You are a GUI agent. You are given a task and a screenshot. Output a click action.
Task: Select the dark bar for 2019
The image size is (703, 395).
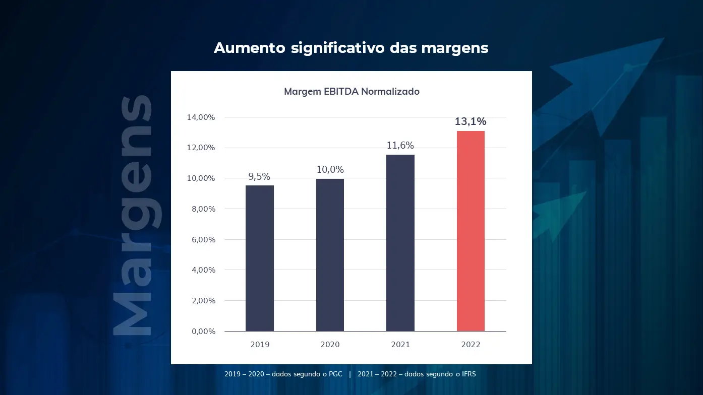pyautogui.click(x=260, y=258)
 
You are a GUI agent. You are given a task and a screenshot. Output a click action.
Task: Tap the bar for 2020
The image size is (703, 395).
pyautogui.click(x=330, y=255)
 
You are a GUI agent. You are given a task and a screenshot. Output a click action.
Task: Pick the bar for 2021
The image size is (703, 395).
pyautogui.click(x=400, y=243)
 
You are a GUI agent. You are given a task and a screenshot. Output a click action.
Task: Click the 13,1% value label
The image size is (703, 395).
pyautogui.click(x=471, y=121)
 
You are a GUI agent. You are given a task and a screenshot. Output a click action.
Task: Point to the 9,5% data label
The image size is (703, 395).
pyautogui.click(x=260, y=176)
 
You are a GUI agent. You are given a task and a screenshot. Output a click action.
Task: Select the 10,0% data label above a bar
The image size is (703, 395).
pyautogui.click(x=330, y=170)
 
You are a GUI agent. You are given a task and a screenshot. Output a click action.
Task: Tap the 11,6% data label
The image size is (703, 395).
pyautogui.click(x=400, y=146)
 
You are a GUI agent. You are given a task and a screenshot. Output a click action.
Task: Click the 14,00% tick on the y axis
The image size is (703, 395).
pyautogui.click(x=201, y=117)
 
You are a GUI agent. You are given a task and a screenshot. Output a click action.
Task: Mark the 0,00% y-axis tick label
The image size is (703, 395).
pyautogui.click(x=203, y=332)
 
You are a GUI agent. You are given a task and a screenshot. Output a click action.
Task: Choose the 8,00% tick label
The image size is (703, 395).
pyautogui.click(x=203, y=209)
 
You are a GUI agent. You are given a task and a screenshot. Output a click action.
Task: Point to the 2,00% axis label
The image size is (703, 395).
pyautogui.click(x=203, y=301)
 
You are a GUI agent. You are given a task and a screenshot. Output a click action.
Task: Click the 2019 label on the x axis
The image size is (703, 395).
pyautogui.click(x=260, y=345)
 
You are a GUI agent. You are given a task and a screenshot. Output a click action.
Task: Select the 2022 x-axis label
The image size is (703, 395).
pyautogui.click(x=471, y=345)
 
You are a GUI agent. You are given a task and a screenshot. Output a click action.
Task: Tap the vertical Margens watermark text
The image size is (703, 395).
pyautogui.click(x=132, y=216)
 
